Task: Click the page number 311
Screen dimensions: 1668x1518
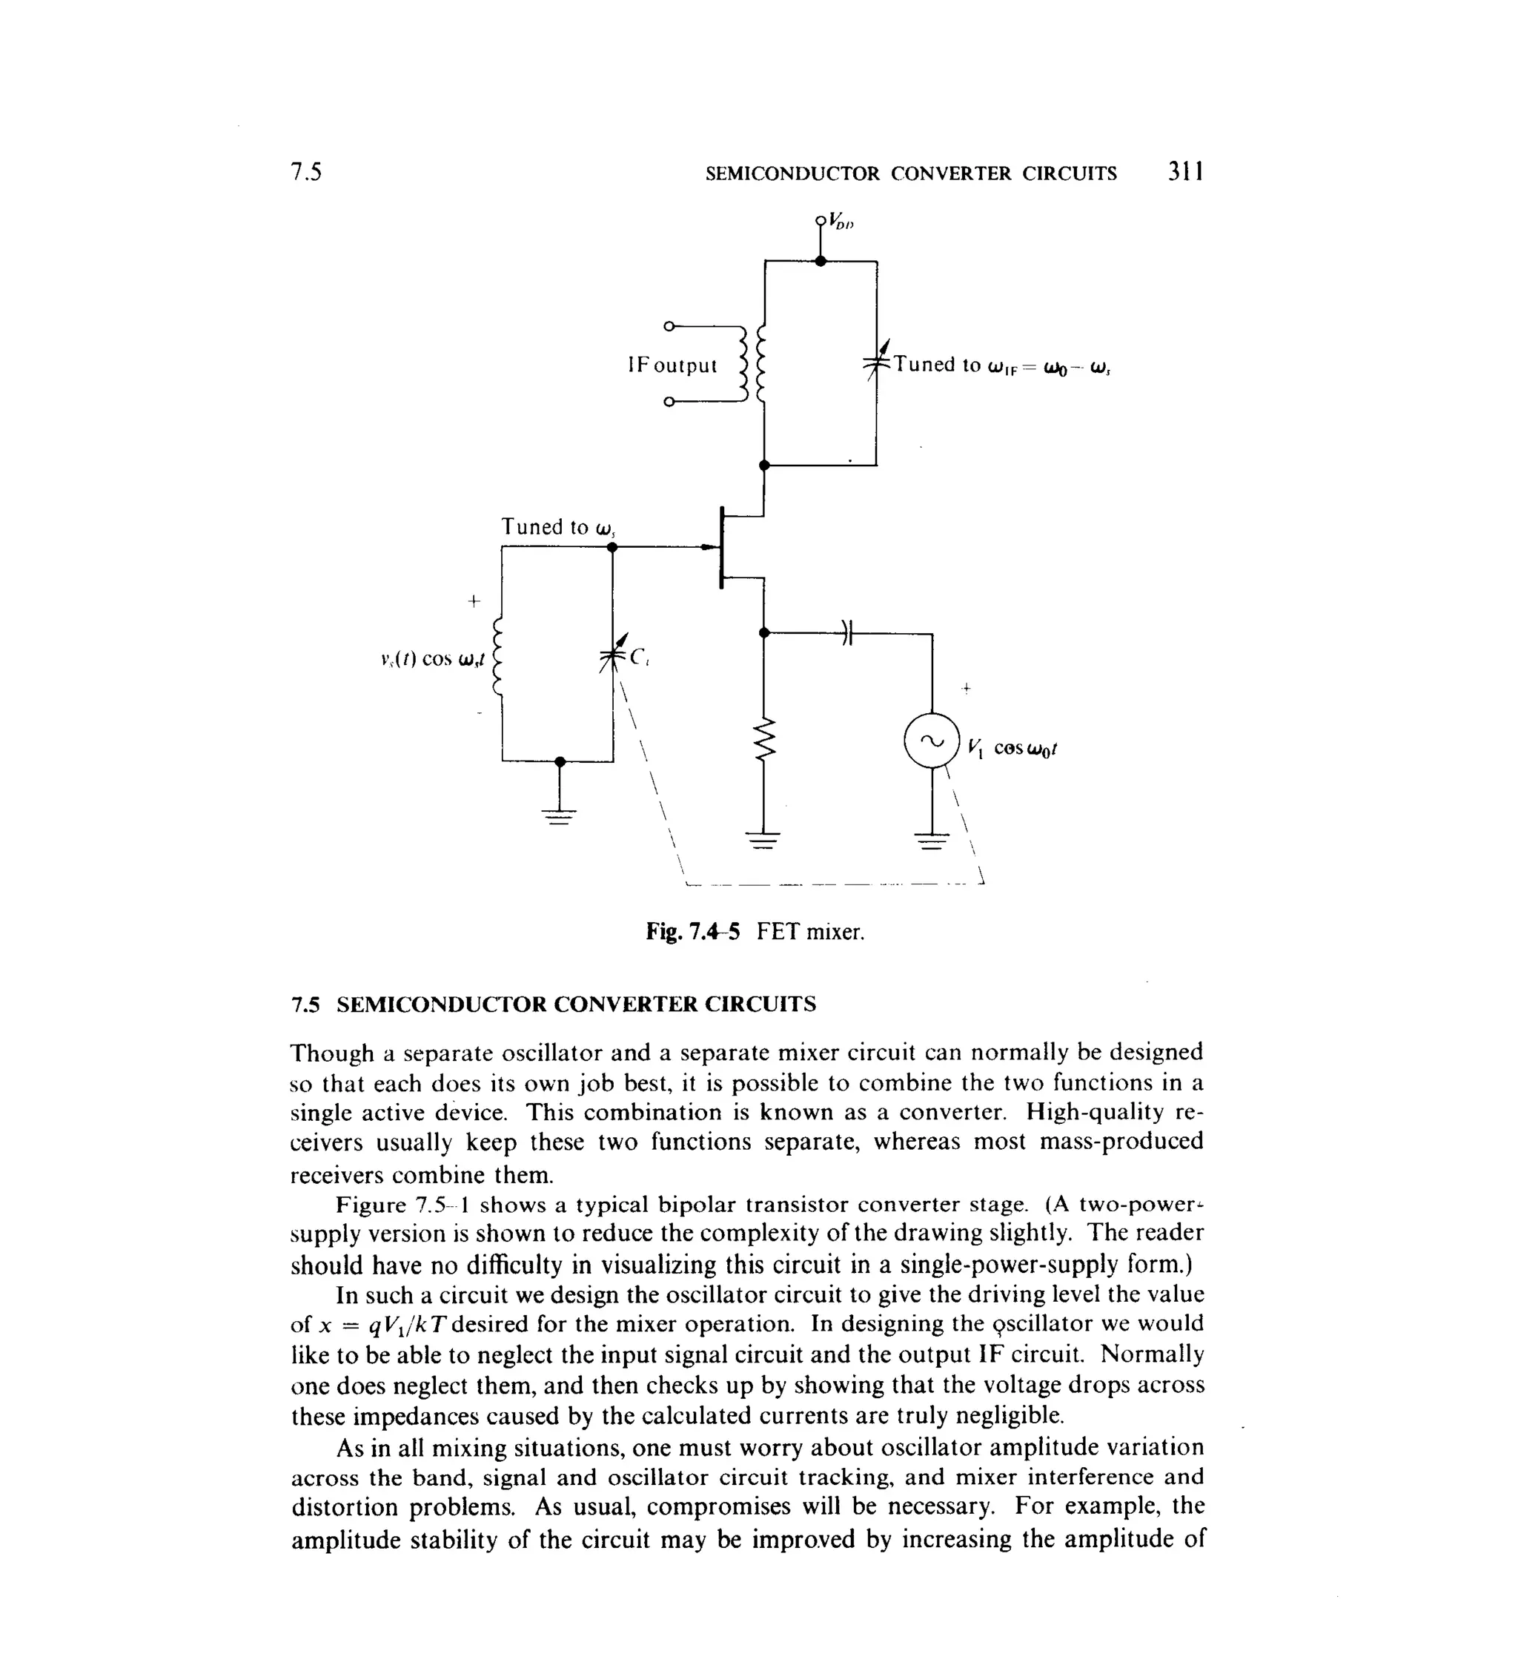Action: (1185, 172)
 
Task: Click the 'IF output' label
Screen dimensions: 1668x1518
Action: (672, 365)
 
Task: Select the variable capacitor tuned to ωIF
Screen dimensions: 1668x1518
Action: (876, 363)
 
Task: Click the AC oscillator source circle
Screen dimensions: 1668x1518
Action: (932, 741)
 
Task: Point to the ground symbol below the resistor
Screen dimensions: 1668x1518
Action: (763, 840)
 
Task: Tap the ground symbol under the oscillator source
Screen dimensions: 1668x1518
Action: (932, 841)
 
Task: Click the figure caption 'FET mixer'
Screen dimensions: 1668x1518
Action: (810, 933)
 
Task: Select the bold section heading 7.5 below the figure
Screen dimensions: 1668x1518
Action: (554, 1005)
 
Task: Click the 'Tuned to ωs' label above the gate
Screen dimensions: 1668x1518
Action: (558, 527)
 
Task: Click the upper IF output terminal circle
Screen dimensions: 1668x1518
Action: (669, 325)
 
